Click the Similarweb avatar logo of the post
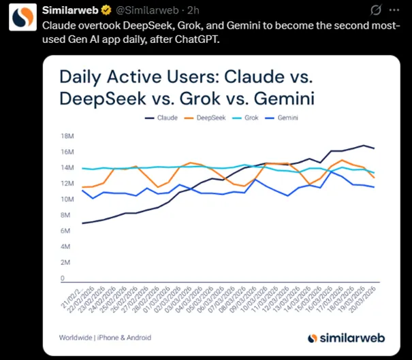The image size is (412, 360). point(22,18)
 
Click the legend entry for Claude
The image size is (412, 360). point(162,118)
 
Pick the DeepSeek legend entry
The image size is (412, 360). point(210,118)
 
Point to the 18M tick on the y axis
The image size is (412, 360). point(67,135)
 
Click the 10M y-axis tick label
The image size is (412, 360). point(67,199)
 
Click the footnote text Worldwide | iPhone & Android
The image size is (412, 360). point(105,338)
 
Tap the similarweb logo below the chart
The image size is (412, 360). point(343,338)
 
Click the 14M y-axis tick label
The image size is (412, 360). point(67,167)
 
